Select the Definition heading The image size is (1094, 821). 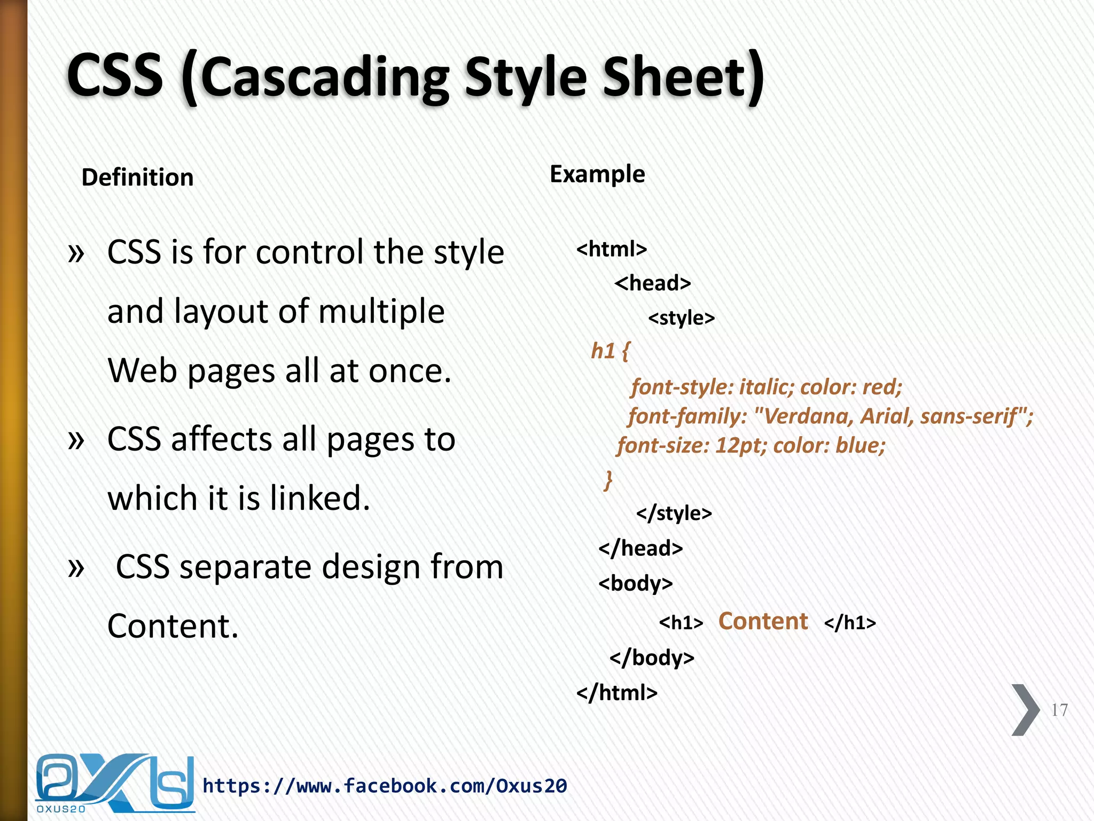137,177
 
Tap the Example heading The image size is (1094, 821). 597,174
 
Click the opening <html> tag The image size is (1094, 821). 612,249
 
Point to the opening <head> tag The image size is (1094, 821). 652,283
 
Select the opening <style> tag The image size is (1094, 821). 681,318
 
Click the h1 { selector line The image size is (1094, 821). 610,351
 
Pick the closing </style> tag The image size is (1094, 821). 674,513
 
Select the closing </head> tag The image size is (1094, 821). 640,548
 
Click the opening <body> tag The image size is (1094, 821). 635,583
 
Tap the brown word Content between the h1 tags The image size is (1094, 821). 763,621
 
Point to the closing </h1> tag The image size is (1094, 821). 850,623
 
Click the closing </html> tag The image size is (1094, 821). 616,693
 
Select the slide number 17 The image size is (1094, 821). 1059,710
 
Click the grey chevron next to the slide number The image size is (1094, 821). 1025,710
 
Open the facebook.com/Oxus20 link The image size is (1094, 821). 385,786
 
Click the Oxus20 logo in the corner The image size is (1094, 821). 114,783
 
